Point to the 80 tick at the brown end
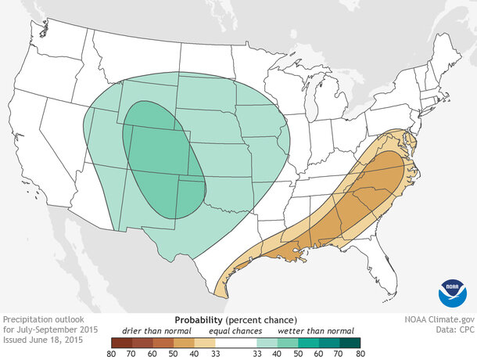pyautogui.click(x=111, y=353)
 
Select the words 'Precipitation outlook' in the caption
pyautogui.click(x=43, y=320)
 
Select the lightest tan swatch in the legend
pyautogui.click(x=204, y=341)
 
